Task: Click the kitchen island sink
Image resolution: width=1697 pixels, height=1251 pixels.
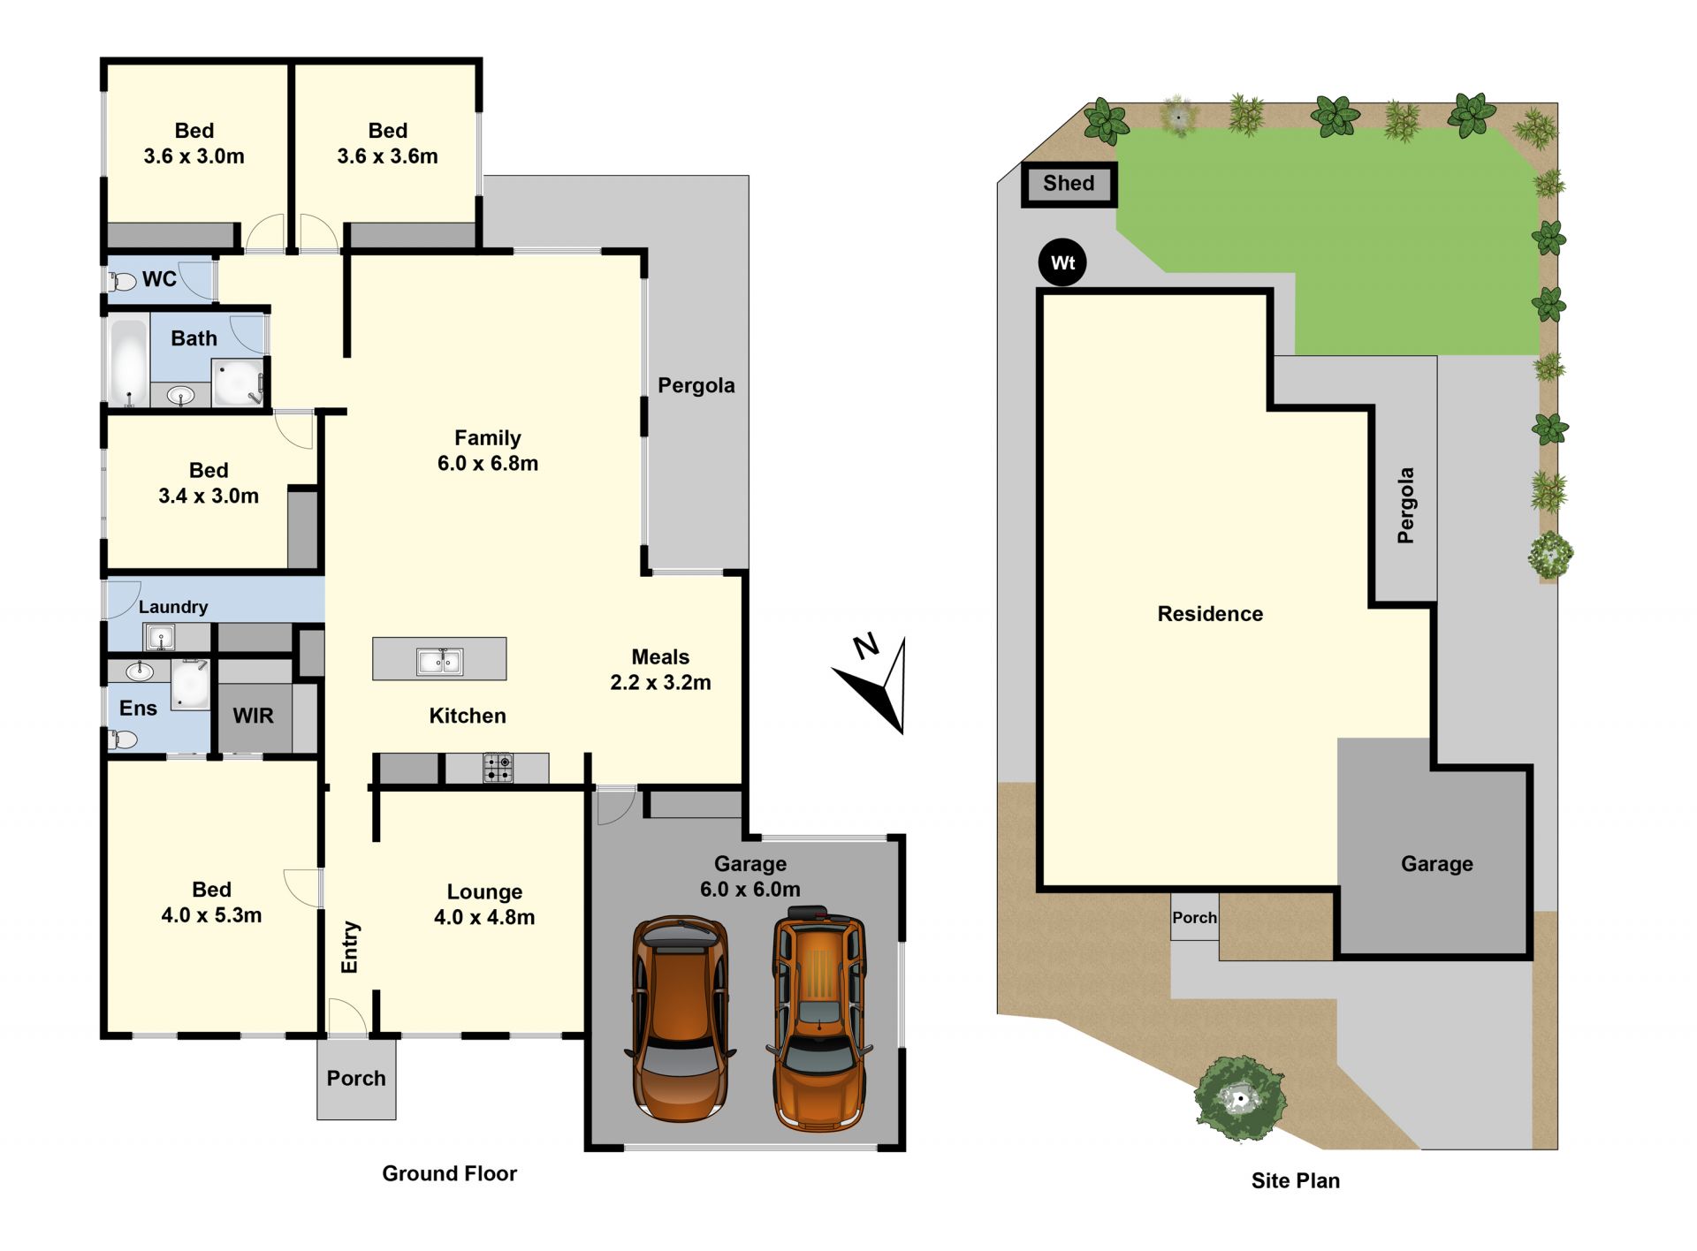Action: [439, 661]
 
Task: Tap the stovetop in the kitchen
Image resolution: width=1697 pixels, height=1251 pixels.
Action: [498, 767]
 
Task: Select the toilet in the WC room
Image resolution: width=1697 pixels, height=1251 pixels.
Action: [122, 282]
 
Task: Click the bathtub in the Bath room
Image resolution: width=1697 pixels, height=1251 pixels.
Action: [129, 361]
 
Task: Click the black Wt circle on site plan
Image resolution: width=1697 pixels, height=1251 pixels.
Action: [1062, 262]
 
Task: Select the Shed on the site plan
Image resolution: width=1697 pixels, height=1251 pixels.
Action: [1069, 184]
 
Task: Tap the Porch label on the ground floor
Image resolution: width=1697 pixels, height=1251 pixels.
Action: [356, 1078]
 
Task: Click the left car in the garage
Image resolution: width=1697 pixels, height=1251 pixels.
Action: [680, 1018]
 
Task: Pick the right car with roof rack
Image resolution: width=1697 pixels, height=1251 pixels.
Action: [818, 1018]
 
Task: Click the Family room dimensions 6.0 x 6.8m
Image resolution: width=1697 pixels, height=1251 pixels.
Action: [488, 463]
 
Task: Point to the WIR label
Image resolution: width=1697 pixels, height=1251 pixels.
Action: [254, 716]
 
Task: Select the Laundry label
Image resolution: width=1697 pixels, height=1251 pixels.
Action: [173, 607]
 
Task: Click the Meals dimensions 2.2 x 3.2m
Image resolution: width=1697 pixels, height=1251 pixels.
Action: [660, 682]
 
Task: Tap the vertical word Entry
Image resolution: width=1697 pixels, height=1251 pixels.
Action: [350, 947]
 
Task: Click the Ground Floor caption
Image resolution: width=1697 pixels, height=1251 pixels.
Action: [449, 1173]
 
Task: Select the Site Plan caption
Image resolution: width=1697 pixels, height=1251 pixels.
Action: [1295, 1180]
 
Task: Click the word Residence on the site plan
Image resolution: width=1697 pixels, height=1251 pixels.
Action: [1210, 614]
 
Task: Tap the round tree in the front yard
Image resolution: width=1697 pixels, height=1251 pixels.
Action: [1240, 1098]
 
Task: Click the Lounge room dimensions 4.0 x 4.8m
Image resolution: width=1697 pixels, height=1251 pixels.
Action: [484, 917]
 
